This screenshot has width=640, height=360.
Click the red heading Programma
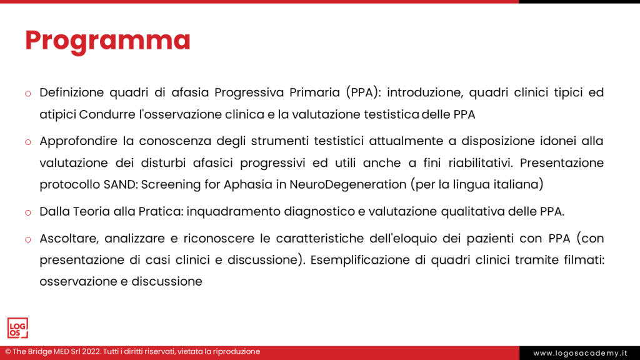[x=107, y=40]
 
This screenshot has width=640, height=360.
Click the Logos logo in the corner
[x=17, y=328]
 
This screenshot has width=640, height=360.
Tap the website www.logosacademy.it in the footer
[x=579, y=353]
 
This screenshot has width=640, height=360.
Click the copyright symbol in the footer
[x=7, y=352]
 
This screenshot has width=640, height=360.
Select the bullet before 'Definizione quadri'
[x=27, y=94]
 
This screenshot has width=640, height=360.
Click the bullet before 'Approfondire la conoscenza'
[x=27, y=142]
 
